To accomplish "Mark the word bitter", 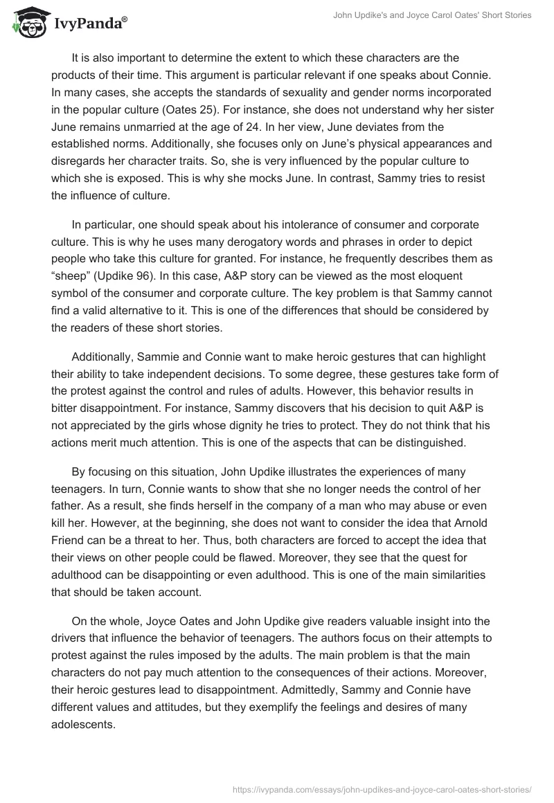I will pyautogui.click(x=68, y=408).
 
